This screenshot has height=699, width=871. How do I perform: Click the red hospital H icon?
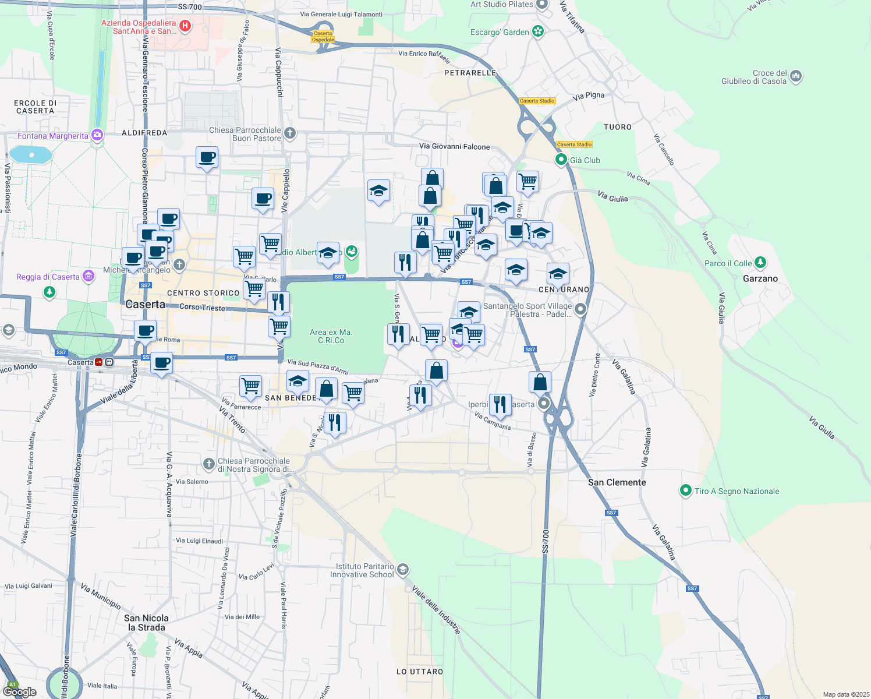click(185, 26)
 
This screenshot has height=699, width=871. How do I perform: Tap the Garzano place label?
click(760, 278)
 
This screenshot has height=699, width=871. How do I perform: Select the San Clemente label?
click(617, 482)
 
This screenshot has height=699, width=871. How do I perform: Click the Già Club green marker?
click(561, 160)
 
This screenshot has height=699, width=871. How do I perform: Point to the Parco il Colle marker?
click(760, 263)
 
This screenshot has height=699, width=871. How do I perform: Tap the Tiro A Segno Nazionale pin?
click(686, 490)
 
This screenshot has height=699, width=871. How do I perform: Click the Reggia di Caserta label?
click(48, 277)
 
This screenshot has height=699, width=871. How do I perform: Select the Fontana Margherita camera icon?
click(97, 135)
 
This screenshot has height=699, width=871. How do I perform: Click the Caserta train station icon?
click(99, 362)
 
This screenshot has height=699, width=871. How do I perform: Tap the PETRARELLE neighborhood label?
click(470, 73)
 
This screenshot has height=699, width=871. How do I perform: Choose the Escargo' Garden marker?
click(538, 31)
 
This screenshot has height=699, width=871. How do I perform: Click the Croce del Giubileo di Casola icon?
click(796, 76)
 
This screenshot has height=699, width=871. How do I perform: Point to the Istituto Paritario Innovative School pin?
click(403, 569)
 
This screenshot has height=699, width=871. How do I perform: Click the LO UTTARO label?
click(420, 672)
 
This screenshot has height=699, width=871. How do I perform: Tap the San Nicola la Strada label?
click(146, 623)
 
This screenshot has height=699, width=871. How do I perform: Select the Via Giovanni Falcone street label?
click(454, 147)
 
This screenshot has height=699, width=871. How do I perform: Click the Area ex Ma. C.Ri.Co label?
click(331, 336)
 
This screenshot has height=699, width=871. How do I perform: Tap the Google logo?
click(20, 691)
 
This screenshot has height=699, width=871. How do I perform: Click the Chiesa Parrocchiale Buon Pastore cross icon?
click(289, 134)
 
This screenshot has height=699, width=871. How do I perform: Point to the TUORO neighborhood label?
click(618, 127)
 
